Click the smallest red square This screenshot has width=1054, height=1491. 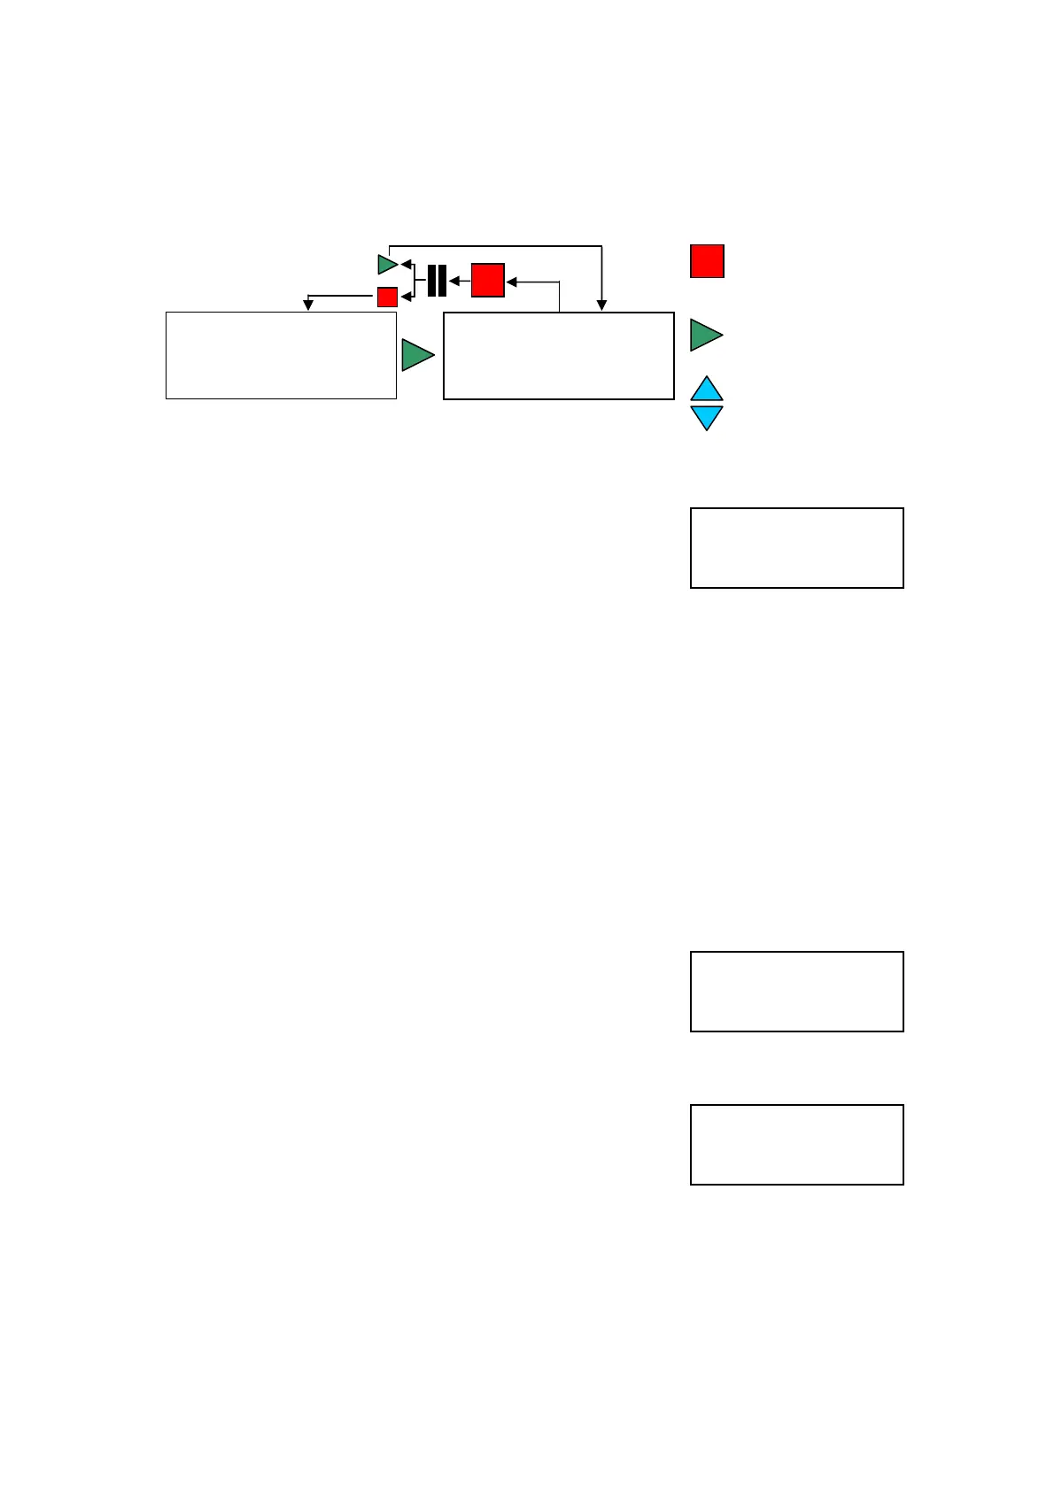tap(387, 297)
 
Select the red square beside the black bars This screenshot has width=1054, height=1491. tap(487, 280)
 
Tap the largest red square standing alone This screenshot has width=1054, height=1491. tap(707, 261)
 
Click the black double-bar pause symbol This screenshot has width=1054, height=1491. tap(437, 281)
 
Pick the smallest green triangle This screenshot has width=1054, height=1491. tap(387, 264)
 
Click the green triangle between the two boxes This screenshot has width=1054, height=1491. tap(417, 355)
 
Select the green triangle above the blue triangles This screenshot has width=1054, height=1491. tap(705, 336)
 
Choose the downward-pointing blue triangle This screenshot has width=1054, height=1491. tap(707, 416)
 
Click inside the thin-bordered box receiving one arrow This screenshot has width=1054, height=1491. tap(281, 355)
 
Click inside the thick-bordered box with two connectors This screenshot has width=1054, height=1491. tap(558, 356)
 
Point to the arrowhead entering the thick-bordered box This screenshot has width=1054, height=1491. tap(601, 306)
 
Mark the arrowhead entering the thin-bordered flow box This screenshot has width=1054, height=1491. tap(308, 305)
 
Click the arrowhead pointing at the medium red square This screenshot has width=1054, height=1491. tap(512, 282)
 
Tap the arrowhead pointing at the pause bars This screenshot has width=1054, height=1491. tap(453, 282)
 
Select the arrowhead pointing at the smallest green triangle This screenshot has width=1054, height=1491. tap(406, 264)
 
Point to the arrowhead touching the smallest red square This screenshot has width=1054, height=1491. tap(406, 297)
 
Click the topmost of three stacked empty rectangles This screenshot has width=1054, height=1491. tap(796, 548)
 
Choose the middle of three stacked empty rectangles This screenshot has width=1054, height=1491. tap(796, 992)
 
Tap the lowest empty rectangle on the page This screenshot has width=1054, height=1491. tap(796, 1145)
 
